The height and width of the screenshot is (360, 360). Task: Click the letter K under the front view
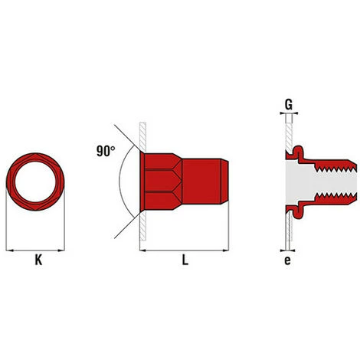pos(36,260)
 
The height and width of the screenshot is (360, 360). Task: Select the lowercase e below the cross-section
pos(288,260)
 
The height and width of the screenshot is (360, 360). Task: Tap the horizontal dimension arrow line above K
pos(35,248)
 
